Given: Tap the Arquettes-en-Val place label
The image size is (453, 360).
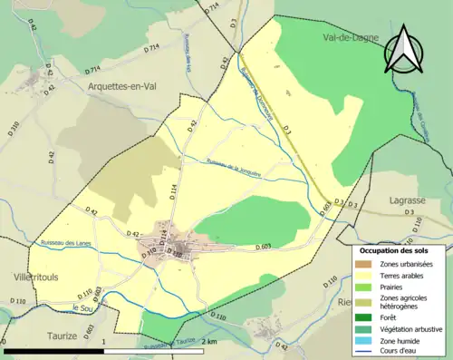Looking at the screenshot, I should click(126, 85).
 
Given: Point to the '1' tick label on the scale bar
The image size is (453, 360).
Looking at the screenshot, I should click(104, 342).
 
